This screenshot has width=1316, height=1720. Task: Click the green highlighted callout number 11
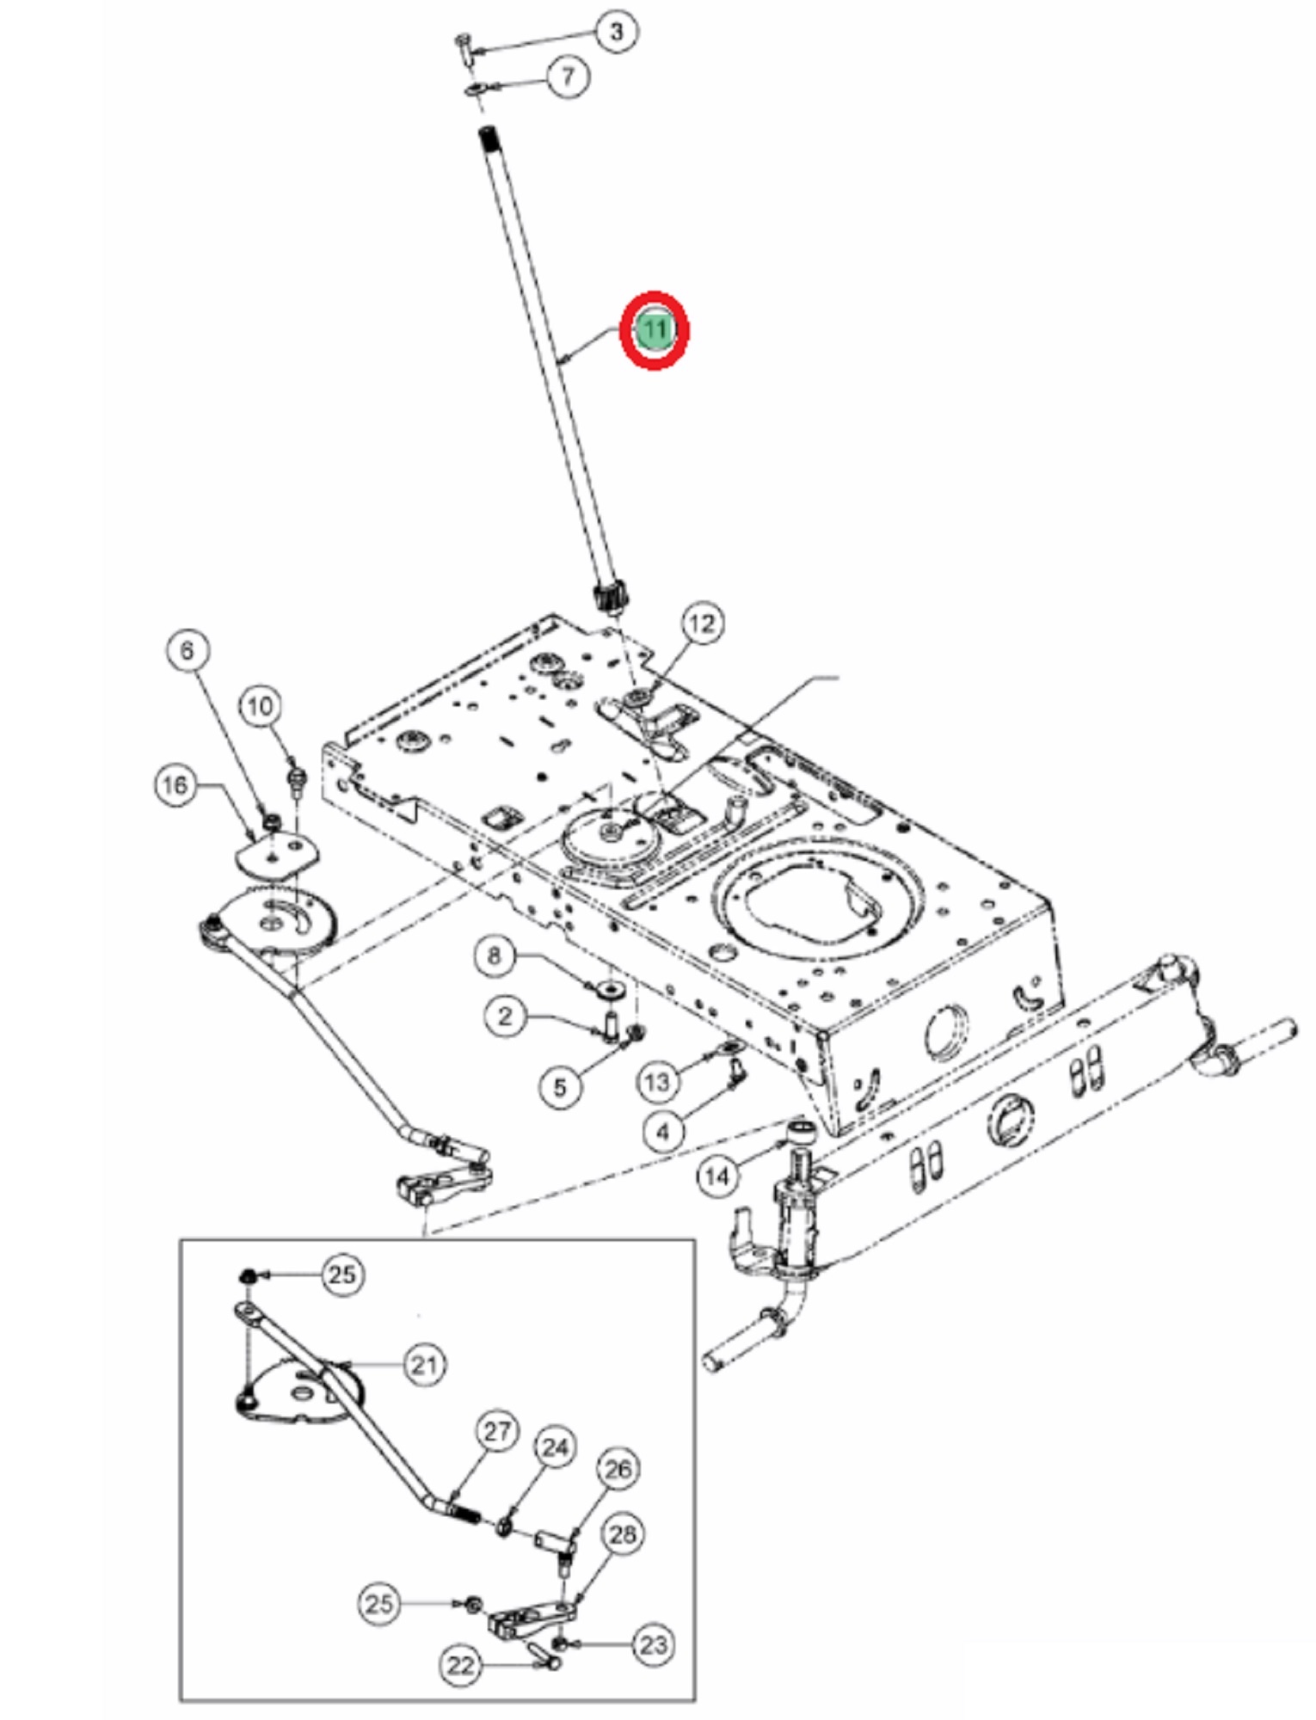(x=655, y=329)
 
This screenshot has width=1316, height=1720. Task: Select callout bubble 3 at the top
(x=616, y=33)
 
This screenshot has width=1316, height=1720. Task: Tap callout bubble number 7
(x=568, y=76)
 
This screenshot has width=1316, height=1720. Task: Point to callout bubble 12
(x=702, y=623)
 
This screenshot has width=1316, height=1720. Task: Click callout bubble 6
(x=188, y=650)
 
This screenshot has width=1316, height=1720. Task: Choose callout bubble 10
(x=260, y=707)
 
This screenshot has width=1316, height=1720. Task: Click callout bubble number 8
(x=494, y=955)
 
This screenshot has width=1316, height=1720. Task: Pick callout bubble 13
(x=657, y=1082)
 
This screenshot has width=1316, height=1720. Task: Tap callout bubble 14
(x=717, y=1176)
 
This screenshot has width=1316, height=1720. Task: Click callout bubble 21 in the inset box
(x=424, y=1364)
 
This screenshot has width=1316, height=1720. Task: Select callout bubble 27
(x=497, y=1432)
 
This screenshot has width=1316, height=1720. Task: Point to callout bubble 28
(x=623, y=1533)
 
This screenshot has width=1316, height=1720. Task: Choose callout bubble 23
(x=654, y=1644)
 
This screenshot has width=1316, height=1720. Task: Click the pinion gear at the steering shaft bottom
(x=611, y=597)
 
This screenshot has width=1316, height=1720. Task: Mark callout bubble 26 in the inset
(x=618, y=1469)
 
